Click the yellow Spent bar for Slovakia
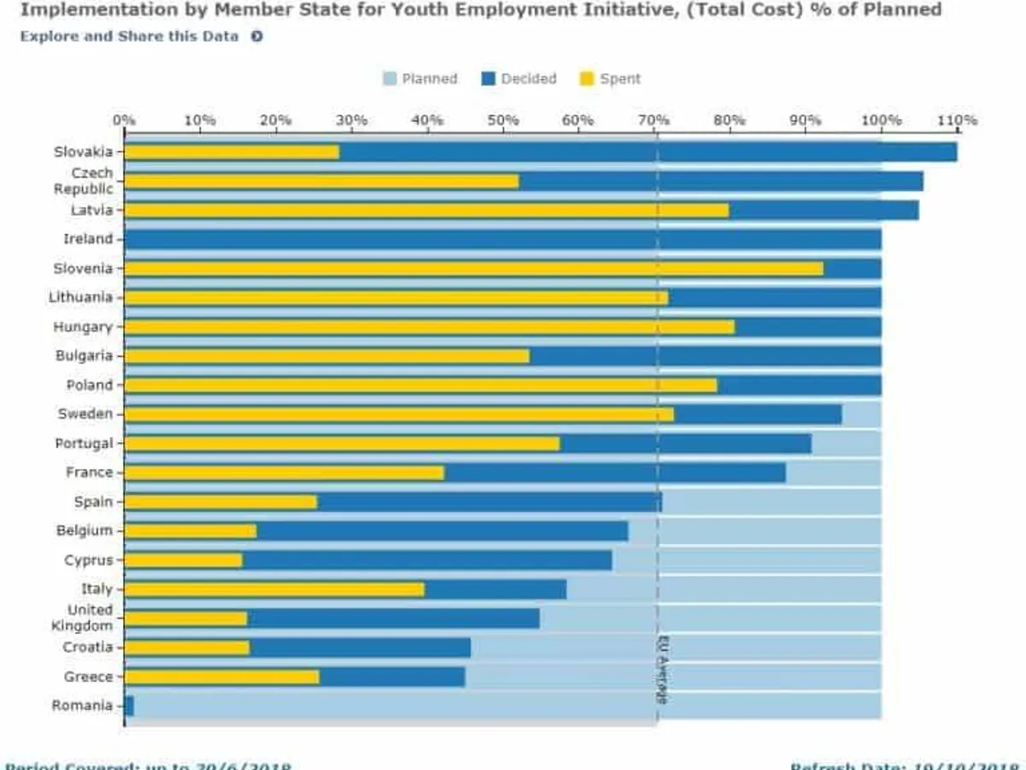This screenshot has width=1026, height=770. point(232,152)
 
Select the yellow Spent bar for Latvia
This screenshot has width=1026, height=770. point(427,210)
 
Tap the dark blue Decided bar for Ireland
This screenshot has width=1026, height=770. point(503,240)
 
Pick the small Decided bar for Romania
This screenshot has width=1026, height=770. point(129,706)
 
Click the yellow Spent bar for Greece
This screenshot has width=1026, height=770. point(221,677)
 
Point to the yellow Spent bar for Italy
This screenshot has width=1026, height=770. point(274,589)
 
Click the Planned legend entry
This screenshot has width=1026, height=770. point(420,79)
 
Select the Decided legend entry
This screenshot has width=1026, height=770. point(519,79)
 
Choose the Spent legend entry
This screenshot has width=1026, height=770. point(610,79)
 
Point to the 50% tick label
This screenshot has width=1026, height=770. point(503,120)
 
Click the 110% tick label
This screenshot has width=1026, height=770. point(957,120)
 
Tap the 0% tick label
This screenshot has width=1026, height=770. point(124,120)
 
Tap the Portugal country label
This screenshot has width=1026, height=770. point(84,443)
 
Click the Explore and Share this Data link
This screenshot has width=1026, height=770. point(129,37)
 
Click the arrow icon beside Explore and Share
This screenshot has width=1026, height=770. point(256,37)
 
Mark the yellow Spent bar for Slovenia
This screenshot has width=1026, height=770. point(474,269)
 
